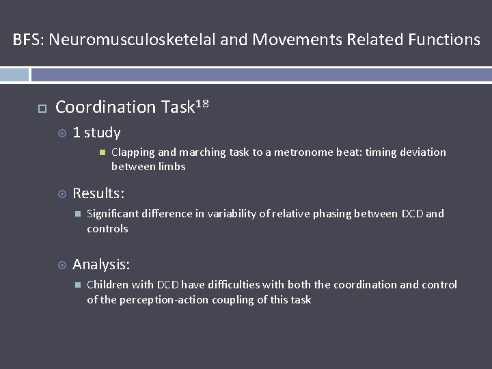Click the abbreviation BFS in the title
[x=27, y=40]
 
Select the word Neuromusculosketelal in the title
[x=132, y=40]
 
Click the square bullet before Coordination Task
[x=41, y=108]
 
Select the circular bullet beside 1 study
[x=61, y=133]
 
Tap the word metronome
[x=296, y=152]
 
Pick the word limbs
[x=172, y=167]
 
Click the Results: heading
[x=98, y=194]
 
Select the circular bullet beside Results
[x=61, y=195]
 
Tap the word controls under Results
[x=107, y=229]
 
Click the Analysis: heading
[x=101, y=264]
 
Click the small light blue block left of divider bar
[x=14, y=74]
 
